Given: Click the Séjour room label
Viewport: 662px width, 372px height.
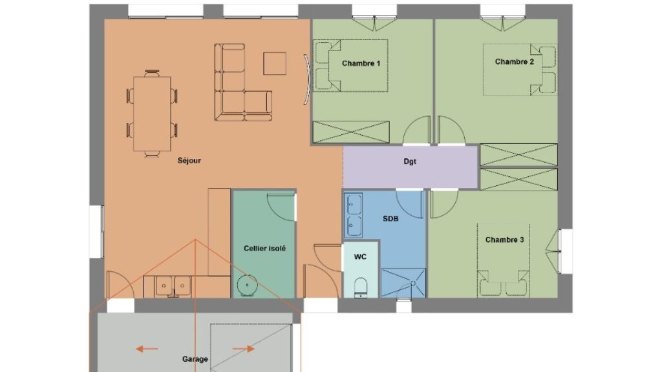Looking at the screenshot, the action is coord(189,161).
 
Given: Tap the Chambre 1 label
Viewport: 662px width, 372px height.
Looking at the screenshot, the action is coord(361,63).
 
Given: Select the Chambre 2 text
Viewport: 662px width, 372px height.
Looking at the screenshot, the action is coord(514,61).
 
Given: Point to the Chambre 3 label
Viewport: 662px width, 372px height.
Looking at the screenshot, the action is coord(504,240).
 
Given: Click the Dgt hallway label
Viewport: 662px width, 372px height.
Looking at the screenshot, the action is coord(410,161).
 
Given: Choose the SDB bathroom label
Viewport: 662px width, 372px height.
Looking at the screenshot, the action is coord(390,218).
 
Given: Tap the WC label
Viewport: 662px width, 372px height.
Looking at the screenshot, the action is coord(360,257).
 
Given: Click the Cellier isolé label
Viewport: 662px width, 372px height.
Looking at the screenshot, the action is coord(264,249).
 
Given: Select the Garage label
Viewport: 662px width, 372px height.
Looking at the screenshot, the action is coord(195,359).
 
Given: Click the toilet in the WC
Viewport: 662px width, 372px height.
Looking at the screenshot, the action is coord(361,287).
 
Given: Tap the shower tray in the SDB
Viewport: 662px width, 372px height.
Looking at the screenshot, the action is coord(403,283).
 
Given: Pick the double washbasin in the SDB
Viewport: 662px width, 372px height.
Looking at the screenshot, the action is coord(354,215).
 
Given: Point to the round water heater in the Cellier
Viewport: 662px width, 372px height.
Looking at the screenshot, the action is coord(246,285).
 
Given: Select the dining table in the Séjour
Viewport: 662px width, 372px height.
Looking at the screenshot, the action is coord(153,114).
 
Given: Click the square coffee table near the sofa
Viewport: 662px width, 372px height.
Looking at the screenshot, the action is coord(275,64).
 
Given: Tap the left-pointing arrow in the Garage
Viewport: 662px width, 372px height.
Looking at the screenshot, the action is coord(147,349).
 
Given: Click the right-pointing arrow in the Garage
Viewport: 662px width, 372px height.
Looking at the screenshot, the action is coord(244,349).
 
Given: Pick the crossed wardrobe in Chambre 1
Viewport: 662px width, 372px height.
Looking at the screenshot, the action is coord(351,132).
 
